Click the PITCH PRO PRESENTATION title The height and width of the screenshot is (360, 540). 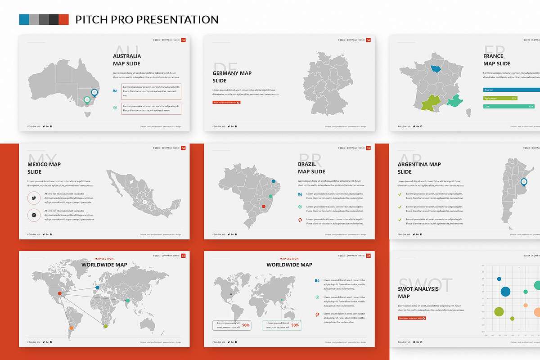coord(147,19)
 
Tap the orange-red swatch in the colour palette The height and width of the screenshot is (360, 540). coord(64,19)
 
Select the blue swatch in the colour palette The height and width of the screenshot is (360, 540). coord(24,19)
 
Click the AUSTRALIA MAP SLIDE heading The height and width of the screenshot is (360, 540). coord(127,60)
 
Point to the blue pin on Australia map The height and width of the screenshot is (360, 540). coord(94,93)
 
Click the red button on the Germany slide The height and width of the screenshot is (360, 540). coord(226,103)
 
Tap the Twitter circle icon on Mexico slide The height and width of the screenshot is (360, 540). coord(34,198)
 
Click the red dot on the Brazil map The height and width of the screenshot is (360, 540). coord(264,207)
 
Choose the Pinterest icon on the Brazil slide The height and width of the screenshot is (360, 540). coord(300,220)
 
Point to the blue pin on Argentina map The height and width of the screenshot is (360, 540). coord(524,182)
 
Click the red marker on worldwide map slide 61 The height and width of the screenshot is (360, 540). coord(60,293)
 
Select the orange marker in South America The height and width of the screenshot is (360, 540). coord(72,328)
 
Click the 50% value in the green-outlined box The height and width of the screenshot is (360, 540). coord(295,325)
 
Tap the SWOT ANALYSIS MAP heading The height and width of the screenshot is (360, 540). coord(418,292)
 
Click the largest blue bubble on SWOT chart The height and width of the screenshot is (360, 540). coord(505,291)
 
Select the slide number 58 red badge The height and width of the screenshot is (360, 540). coord(183,148)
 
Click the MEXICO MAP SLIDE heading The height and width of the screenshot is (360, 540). coord(44,168)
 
